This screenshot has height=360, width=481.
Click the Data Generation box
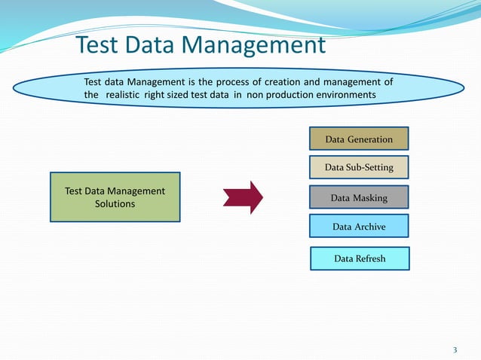point(359,139)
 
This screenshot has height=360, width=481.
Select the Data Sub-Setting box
point(359,166)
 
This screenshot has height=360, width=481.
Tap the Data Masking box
point(359,197)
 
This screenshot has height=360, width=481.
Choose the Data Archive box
point(359,226)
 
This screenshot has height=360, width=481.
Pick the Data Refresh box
point(360,258)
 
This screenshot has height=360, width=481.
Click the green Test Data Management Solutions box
point(115,197)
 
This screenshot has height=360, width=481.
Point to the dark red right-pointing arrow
point(243,197)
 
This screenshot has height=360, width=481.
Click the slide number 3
point(455,349)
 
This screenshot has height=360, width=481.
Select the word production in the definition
point(286,95)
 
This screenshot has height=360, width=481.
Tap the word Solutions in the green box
point(115,204)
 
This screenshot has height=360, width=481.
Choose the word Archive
point(369,226)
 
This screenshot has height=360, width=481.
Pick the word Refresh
point(370,258)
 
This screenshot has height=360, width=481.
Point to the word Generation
point(370,139)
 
